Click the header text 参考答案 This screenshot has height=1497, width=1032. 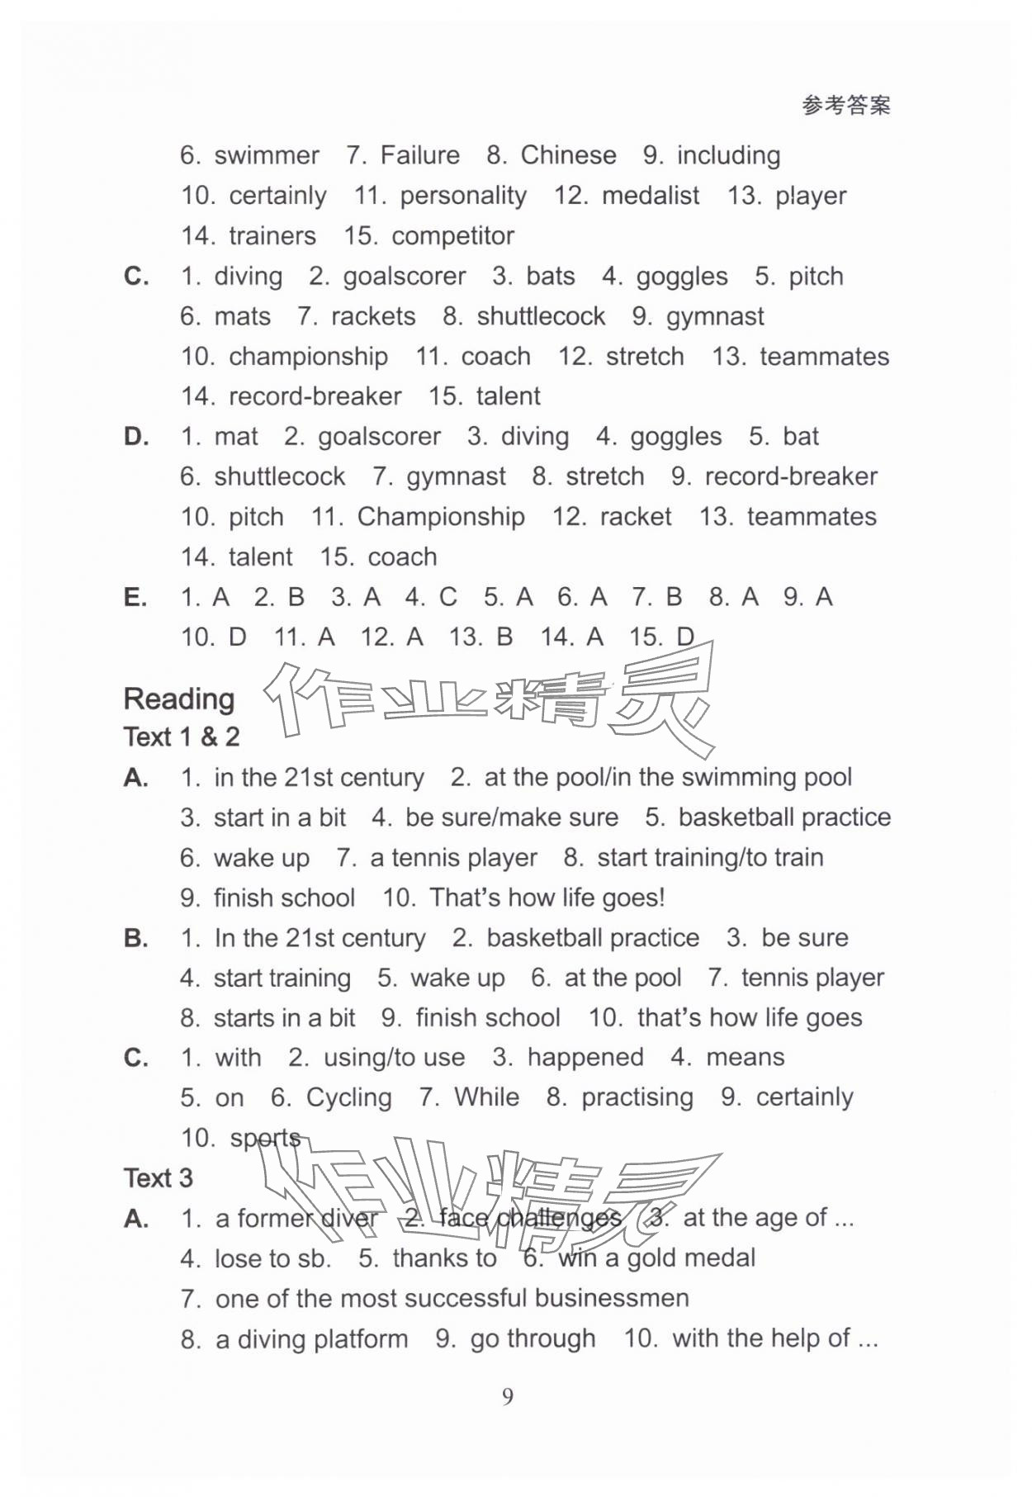[x=845, y=106]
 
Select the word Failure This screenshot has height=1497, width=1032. [x=419, y=155]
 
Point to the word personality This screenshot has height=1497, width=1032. [x=462, y=196]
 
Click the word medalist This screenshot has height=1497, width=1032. [x=650, y=196]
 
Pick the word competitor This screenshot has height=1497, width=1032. [x=452, y=236]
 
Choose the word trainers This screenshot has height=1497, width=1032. [x=272, y=236]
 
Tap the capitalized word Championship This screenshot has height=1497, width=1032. [x=440, y=517]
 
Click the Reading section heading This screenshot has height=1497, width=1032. [x=179, y=699]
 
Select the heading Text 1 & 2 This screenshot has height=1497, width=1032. [x=181, y=737]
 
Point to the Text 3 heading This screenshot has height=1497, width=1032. [x=158, y=1178]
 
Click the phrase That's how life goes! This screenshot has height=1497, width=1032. [x=547, y=898]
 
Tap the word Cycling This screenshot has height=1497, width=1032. [x=348, y=1098]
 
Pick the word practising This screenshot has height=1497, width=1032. [x=637, y=1098]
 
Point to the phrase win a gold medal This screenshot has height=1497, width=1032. [x=656, y=1258]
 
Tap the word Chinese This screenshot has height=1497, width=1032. [x=568, y=155]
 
